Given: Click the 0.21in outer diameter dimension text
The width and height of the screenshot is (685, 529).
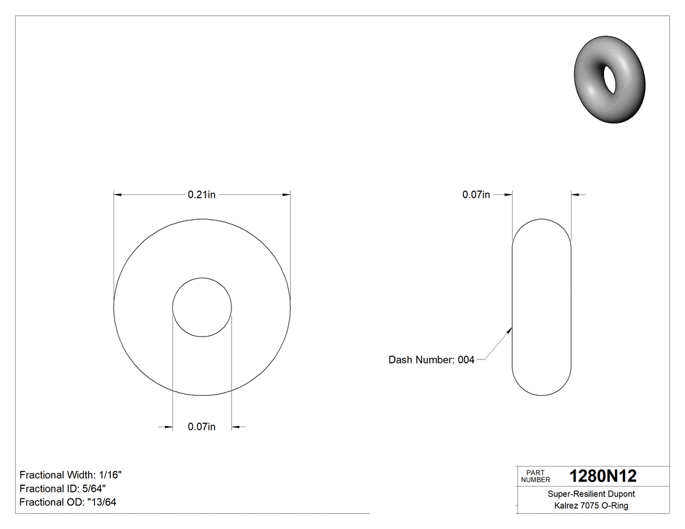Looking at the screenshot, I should (202, 194).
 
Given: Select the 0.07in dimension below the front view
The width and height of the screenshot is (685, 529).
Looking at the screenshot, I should (202, 427).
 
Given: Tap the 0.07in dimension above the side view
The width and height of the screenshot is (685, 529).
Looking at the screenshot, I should (476, 194).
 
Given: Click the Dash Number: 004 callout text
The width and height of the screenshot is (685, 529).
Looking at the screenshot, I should (431, 359).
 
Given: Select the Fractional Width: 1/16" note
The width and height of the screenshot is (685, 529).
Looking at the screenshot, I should (71, 475).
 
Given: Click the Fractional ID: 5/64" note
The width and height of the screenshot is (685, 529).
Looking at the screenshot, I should (63, 489).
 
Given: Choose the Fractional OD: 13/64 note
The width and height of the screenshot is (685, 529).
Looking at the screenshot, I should (68, 502).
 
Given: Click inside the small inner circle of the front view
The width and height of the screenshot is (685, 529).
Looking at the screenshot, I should (202, 307).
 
